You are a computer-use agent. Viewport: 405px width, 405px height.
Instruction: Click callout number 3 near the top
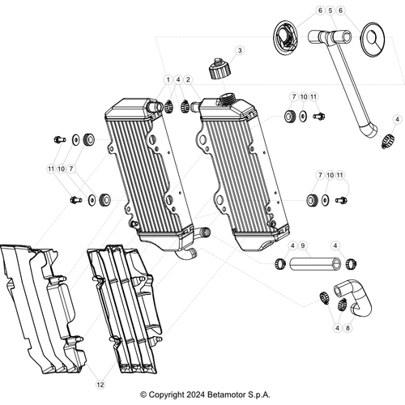pyautogui.click(x=240, y=50)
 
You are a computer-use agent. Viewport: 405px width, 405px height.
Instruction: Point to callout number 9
pyautogui.click(x=302, y=245)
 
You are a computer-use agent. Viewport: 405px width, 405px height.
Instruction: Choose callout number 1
pyautogui.click(x=168, y=79)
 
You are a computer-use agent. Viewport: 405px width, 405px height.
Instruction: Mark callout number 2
pyautogui.click(x=188, y=79)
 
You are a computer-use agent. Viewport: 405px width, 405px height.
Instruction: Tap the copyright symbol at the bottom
pyautogui.click(x=144, y=394)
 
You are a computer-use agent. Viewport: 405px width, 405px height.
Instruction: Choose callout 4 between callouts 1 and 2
pyautogui.click(x=178, y=79)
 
